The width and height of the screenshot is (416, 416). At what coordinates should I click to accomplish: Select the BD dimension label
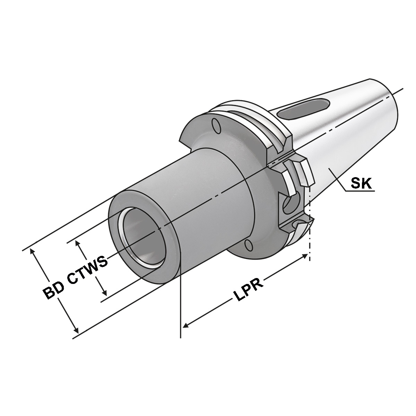point(52,289)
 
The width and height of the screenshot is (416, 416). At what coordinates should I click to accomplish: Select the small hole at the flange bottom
point(248,246)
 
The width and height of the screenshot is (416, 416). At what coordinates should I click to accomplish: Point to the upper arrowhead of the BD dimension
point(33,251)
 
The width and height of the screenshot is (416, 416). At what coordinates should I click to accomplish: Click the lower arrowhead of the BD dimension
point(76,332)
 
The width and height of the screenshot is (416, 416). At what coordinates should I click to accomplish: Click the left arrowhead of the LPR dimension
point(185,326)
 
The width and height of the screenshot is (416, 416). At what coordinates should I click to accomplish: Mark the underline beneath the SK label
point(361,190)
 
